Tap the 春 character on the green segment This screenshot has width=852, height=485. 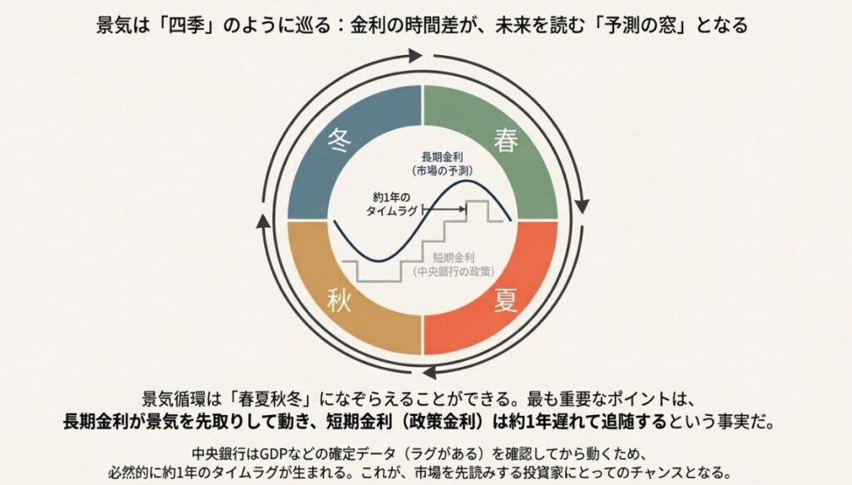pyautogui.click(x=505, y=140)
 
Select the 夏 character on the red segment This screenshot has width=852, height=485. pyautogui.click(x=505, y=299)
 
